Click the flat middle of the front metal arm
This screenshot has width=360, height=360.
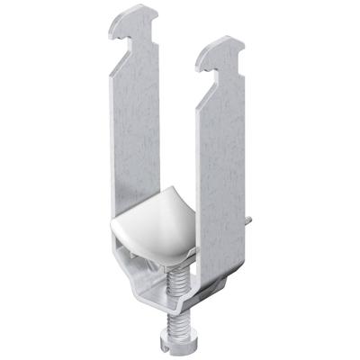pyautogui.click(x=216, y=171)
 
